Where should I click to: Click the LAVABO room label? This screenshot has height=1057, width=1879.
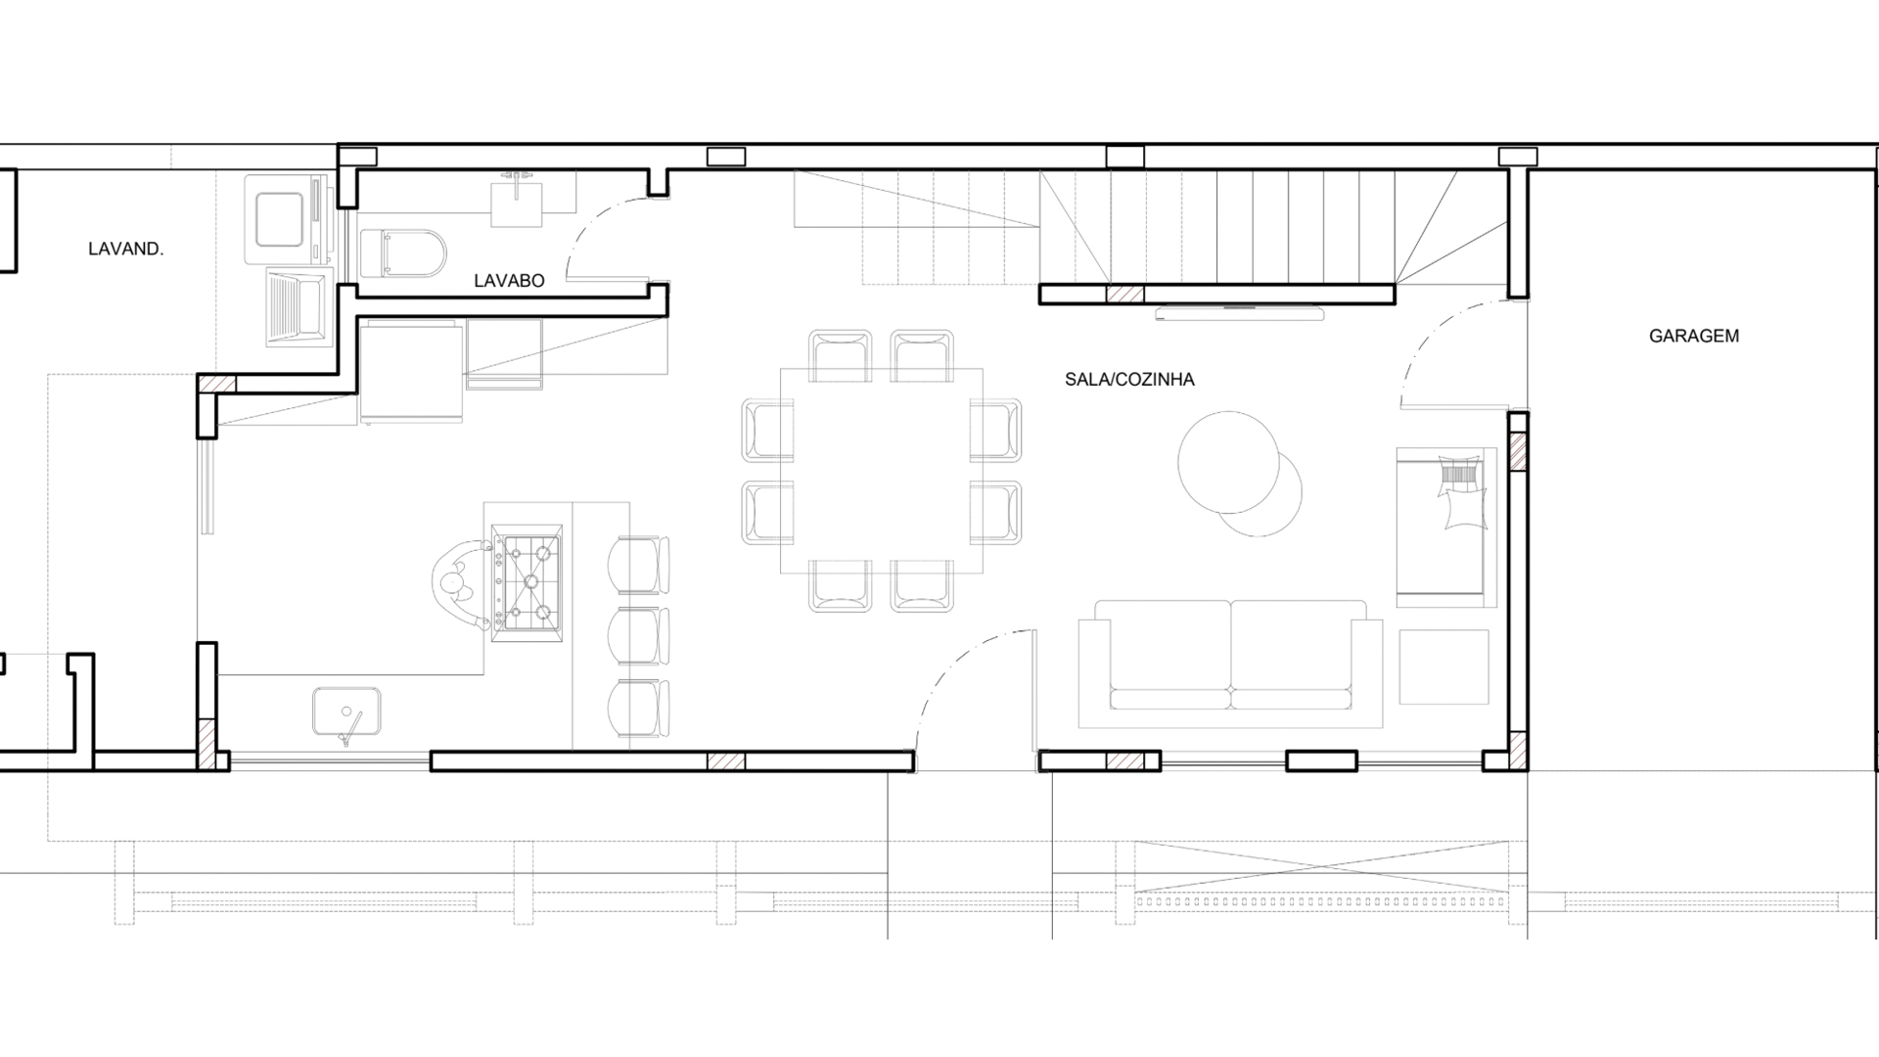509,281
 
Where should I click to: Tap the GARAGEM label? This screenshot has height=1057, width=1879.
1694,336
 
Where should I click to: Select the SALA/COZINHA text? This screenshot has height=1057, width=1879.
1129,380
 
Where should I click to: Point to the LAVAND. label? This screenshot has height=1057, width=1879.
126,249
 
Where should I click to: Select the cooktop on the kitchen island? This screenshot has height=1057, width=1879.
527,582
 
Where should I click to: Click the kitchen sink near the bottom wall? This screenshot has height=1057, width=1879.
346,712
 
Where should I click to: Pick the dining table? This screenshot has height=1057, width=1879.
882,470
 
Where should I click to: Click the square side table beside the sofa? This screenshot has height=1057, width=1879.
1444,667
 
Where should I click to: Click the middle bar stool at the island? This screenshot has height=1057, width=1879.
639,636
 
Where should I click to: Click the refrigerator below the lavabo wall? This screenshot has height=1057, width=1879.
411,376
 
